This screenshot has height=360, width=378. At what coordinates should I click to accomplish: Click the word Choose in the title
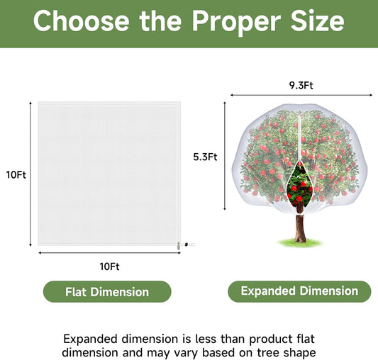click(82, 21)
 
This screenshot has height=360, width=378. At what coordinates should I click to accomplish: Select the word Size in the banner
click(317, 21)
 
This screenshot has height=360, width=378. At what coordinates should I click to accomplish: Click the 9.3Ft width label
click(301, 86)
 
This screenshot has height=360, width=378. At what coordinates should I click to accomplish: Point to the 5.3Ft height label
click(205, 157)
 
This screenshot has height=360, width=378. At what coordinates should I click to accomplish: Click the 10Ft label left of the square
click(16, 175)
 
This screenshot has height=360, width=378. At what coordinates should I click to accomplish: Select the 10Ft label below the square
click(109, 266)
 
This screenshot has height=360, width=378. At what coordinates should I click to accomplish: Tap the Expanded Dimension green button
click(299, 291)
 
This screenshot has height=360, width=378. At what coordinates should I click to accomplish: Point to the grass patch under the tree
click(300, 242)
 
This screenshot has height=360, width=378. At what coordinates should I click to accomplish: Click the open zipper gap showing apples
click(300, 184)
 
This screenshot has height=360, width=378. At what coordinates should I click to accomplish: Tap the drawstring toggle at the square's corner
click(179, 246)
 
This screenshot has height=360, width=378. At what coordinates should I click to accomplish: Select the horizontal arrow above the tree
click(301, 95)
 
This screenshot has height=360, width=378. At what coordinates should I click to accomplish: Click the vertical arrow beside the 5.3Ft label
click(225, 156)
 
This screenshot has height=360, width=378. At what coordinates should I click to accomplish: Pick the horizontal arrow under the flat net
click(109, 253)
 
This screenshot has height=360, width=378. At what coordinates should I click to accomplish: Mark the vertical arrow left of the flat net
click(30, 174)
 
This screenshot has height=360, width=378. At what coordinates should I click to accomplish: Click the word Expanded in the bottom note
click(90, 339)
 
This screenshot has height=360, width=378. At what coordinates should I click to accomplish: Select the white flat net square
click(109, 174)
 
